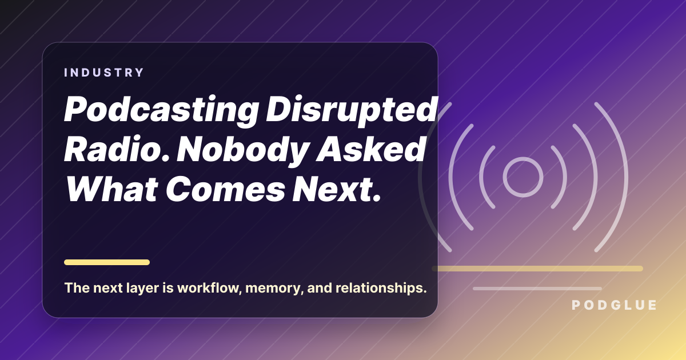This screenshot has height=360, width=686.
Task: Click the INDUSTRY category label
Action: click(x=104, y=73)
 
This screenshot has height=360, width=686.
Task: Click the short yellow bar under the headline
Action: click(x=107, y=262)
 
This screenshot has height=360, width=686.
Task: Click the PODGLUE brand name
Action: click(x=614, y=306)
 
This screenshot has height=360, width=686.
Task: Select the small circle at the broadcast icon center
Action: click(x=523, y=177)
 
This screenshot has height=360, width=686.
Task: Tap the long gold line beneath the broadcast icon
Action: click(x=537, y=269)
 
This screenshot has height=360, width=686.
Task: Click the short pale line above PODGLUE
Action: click(x=537, y=289)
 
